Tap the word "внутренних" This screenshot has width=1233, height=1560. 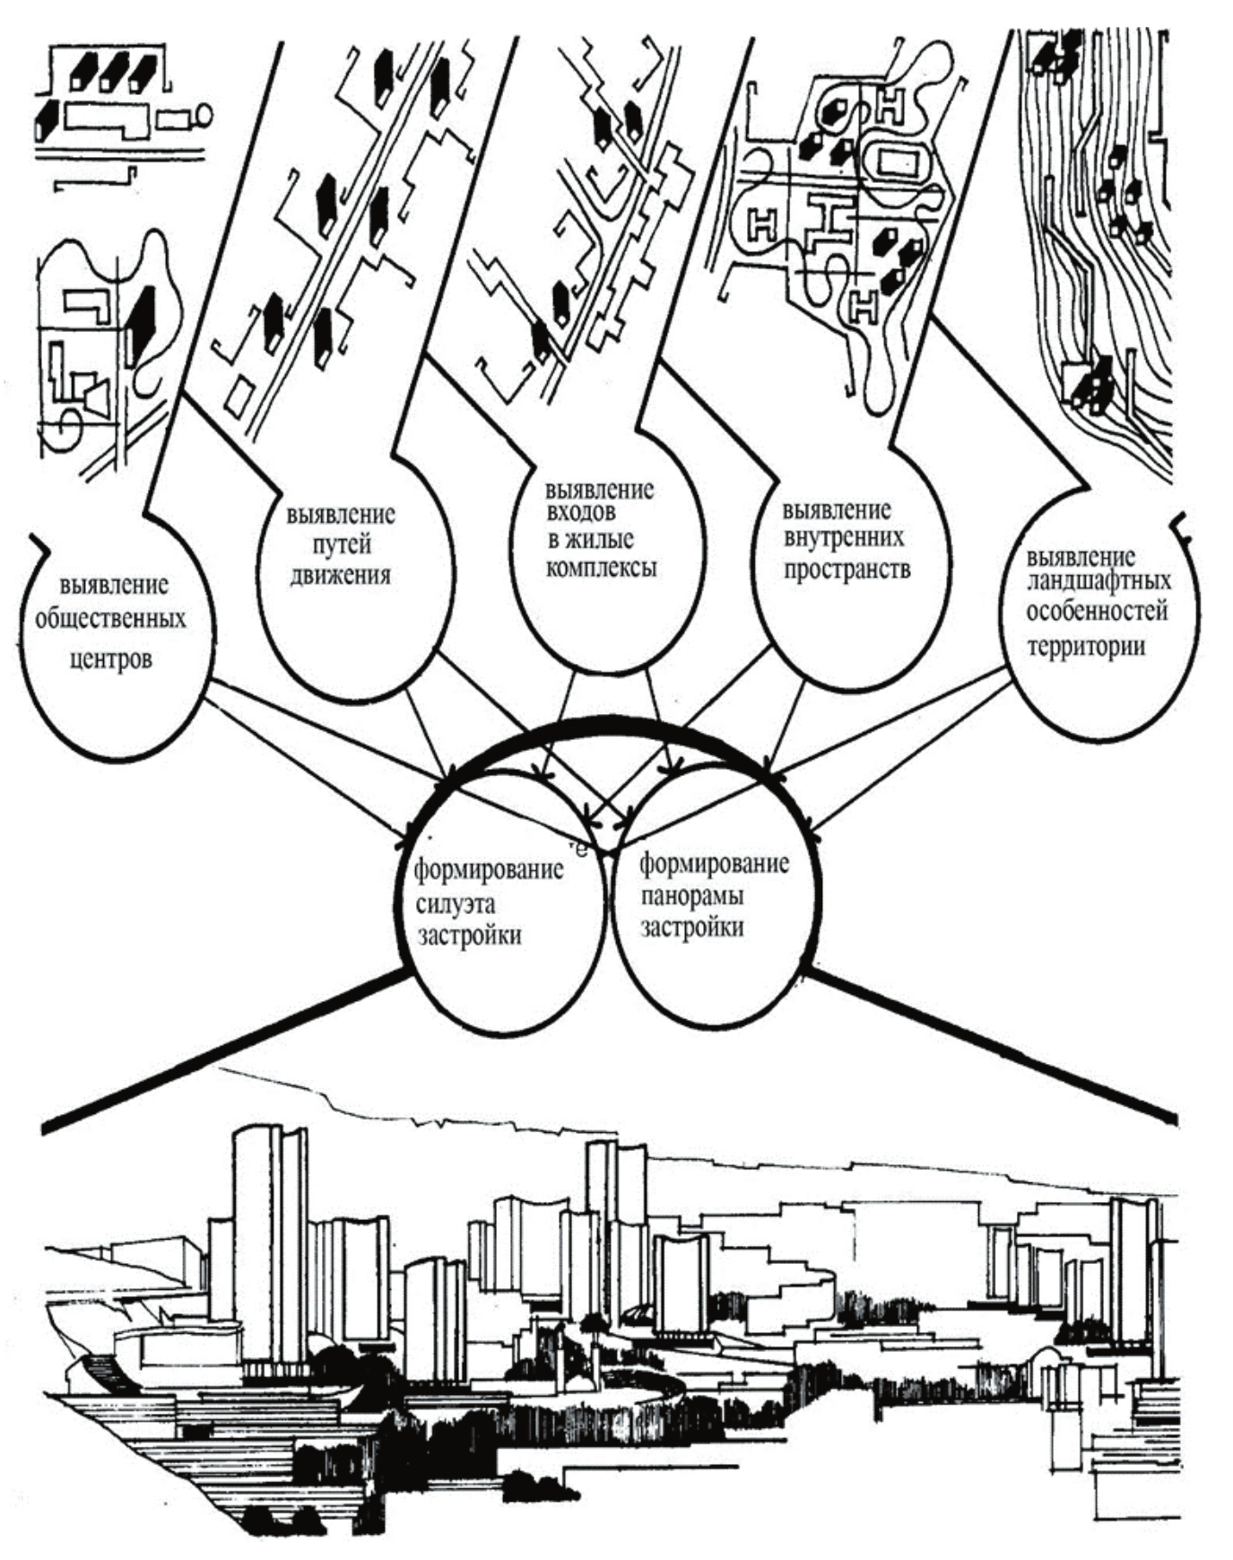[x=844, y=538]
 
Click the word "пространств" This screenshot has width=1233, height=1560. [x=847, y=569]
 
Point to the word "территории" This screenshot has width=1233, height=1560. [x=1086, y=646]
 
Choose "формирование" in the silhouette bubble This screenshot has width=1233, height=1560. [x=488, y=870]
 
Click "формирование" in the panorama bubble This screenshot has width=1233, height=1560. [x=715, y=865]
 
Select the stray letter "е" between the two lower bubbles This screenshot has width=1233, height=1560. [x=582, y=848]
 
